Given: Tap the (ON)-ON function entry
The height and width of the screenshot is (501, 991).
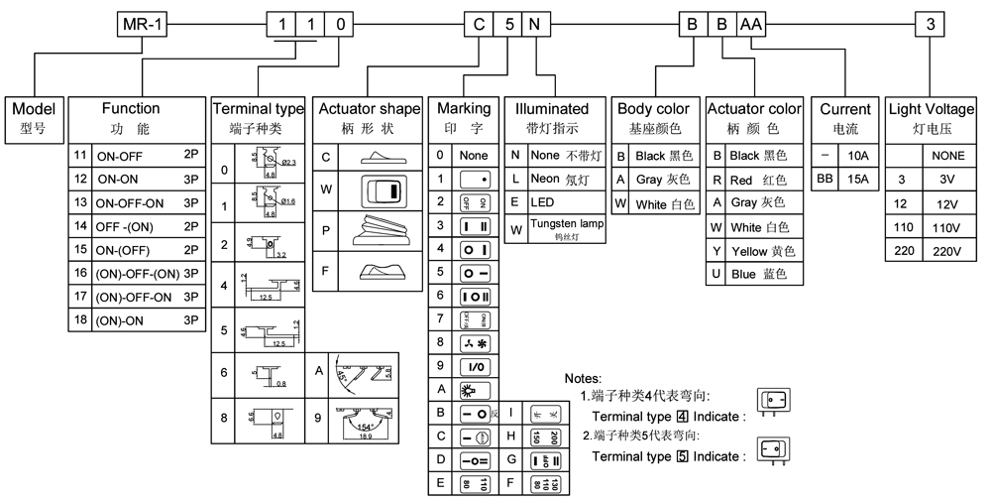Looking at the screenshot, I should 121,319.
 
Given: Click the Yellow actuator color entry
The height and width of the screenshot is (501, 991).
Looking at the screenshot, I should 762,250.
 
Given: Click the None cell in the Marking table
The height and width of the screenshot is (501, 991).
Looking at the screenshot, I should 474,156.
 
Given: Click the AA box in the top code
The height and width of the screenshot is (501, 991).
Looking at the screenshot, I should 749,25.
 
